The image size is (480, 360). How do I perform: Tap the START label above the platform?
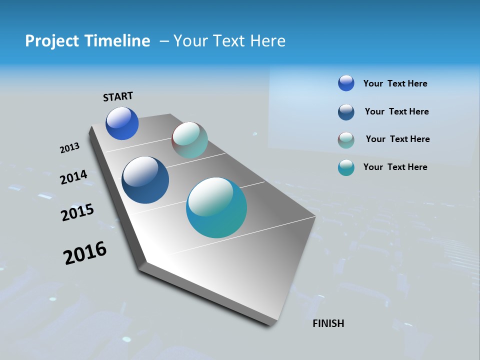(118, 96)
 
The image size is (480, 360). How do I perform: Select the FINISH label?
(328, 323)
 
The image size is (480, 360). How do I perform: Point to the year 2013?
(70, 148)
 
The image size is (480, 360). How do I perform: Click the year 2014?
(74, 177)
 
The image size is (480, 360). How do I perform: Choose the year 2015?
(77, 212)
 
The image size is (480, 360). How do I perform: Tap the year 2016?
(85, 253)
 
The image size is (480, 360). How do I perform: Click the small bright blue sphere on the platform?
(122, 123)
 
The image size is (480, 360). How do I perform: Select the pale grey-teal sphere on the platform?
(189, 140)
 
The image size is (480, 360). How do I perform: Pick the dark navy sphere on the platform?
(145, 180)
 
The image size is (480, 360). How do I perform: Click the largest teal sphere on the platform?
(216, 207)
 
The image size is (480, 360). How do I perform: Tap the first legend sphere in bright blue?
(346, 83)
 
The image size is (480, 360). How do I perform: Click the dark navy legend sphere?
(346, 112)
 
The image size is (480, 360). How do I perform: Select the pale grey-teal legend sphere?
(346, 140)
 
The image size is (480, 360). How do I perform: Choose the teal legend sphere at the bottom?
(346, 167)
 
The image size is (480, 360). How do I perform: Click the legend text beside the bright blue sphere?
(395, 83)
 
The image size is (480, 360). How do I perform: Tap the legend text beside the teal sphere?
(395, 167)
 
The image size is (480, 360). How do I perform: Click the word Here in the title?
(268, 41)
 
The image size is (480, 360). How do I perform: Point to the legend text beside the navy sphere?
(396, 111)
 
